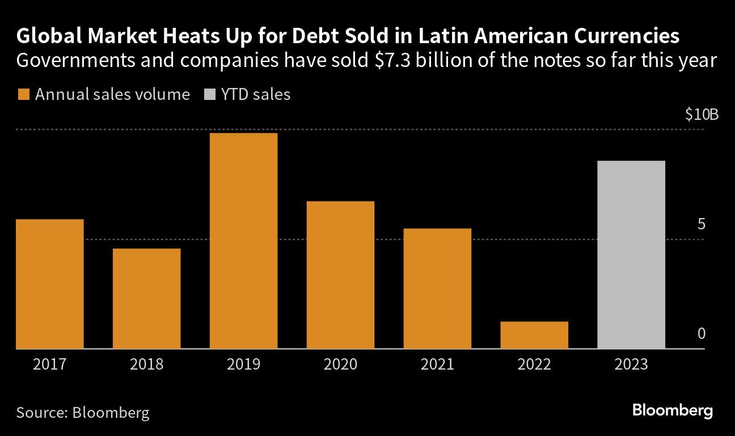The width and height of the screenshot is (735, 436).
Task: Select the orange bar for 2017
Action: coord(50,283)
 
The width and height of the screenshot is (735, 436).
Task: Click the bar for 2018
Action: coord(147,298)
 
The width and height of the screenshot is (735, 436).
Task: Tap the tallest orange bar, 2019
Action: coord(243,240)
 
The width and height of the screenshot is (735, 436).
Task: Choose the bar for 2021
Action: coord(437,288)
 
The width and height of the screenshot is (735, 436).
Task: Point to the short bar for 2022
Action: coord(534,334)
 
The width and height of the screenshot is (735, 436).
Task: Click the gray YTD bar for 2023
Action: coord(631,254)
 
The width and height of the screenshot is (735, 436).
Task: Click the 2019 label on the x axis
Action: coord(243,364)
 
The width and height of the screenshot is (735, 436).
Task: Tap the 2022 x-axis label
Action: coord(534,364)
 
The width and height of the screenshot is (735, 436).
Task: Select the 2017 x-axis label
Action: coord(50,364)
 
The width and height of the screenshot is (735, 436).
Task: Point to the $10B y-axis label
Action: coord(702,115)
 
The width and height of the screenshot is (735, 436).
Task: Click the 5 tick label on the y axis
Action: coord(701,225)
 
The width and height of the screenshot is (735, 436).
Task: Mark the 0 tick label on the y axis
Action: coord(701,334)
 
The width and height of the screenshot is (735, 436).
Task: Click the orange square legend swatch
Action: coord(23,95)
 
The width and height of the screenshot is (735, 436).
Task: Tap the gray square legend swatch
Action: coord(209,95)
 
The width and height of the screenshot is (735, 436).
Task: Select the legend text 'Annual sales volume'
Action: coord(112,94)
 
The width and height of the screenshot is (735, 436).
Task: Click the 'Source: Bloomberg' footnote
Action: coord(83,412)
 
